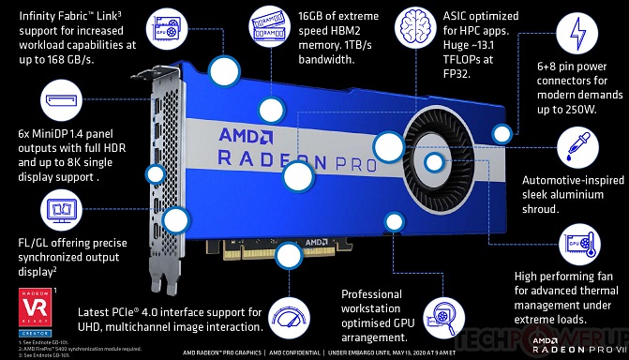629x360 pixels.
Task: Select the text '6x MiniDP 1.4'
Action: click(45, 133)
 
